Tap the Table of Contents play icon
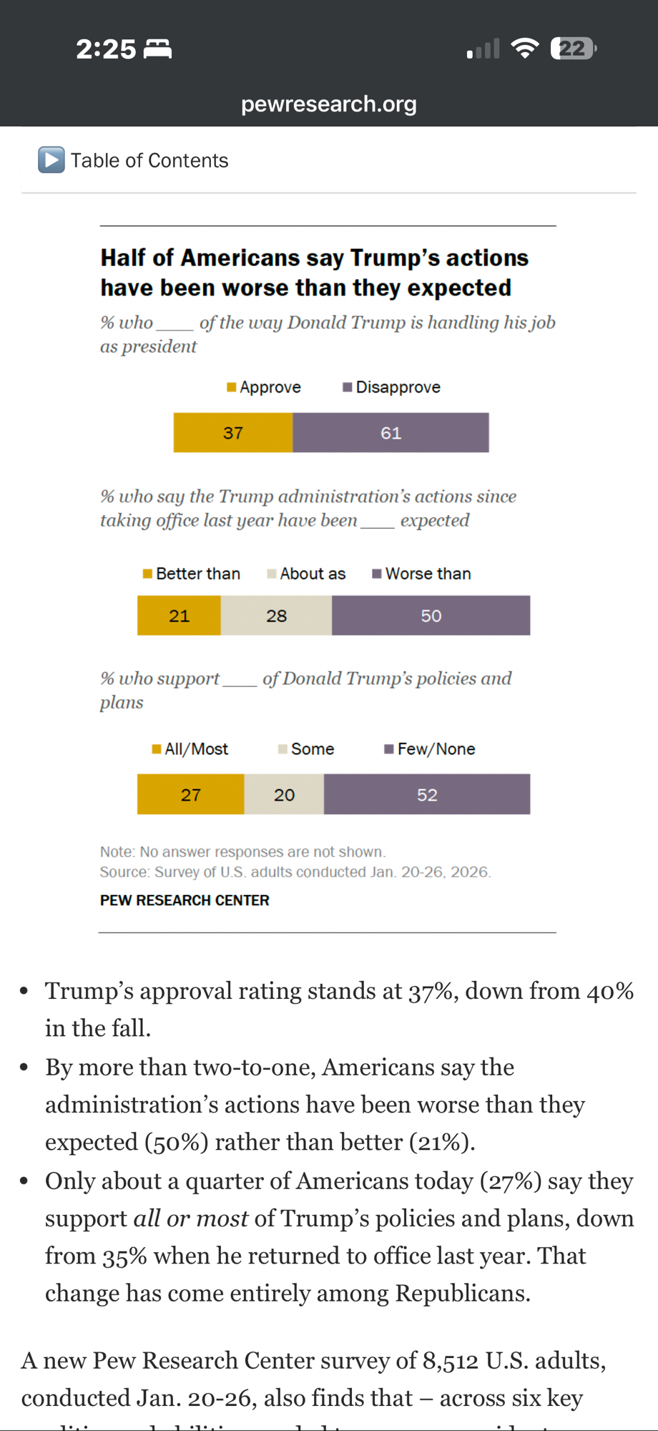51,160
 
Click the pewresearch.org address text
328,104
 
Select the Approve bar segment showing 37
233,433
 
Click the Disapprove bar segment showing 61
391,433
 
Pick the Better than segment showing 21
179,616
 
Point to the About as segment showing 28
276,616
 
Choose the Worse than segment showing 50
431,616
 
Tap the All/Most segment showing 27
190,795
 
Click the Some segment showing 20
284,795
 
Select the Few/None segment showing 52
427,795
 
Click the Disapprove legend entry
391,387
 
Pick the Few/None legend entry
430,749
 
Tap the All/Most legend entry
190,749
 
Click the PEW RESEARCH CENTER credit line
185,900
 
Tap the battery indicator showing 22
573,49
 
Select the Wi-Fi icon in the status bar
525,49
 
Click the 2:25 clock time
106,49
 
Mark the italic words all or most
191,1218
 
